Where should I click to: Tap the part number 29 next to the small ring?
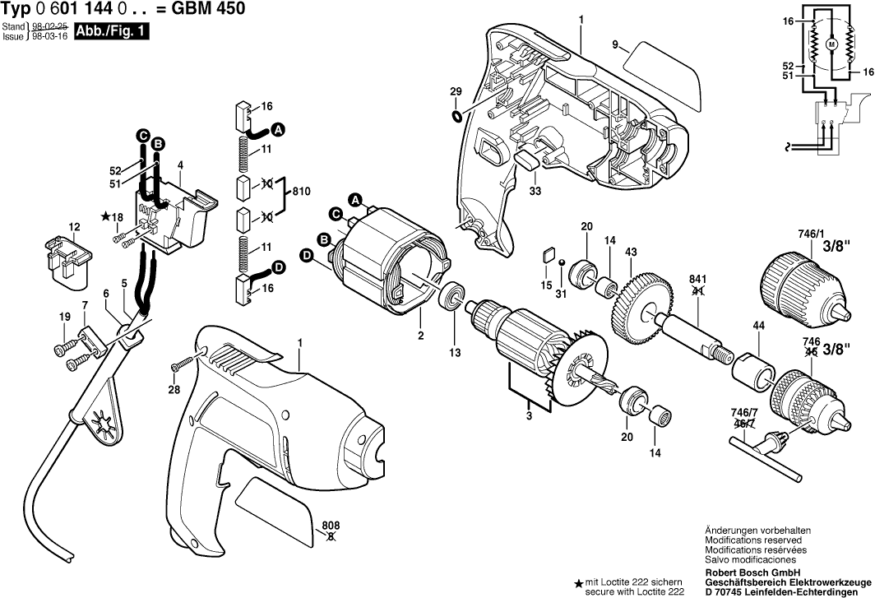click(x=456, y=90)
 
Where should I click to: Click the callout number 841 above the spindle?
click(x=697, y=279)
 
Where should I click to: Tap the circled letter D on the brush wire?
click(x=279, y=267)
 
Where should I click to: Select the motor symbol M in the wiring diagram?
click(x=831, y=43)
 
